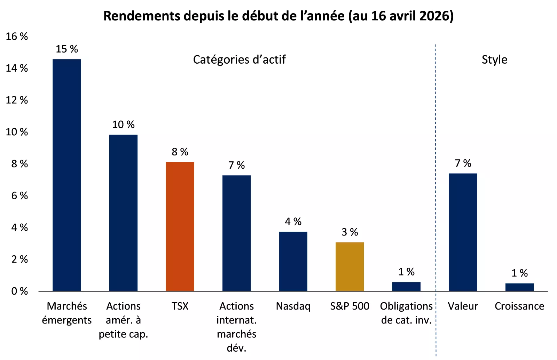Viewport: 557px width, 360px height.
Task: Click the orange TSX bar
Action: (180, 226)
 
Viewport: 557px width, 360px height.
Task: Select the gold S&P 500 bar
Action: (350, 266)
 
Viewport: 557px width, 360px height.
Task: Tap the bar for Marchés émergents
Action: (66, 175)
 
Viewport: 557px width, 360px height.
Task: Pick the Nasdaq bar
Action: (293, 261)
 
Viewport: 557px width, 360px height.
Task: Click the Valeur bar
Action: (463, 232)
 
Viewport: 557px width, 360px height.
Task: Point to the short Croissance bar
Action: (519, 287)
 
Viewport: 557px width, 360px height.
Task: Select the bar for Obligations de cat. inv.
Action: (406, 287)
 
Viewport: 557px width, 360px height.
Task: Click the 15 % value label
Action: (66, 49)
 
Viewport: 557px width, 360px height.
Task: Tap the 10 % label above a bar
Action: (123, 125)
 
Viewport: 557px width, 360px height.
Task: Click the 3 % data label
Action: (350, 232)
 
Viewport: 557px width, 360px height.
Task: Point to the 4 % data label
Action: (293, 222)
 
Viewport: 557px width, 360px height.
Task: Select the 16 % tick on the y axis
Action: (17, 37)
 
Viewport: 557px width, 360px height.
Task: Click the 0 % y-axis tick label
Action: (19, 291)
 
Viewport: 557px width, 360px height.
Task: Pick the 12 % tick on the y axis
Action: (17, 100)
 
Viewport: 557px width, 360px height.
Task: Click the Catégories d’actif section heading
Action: (239, 59)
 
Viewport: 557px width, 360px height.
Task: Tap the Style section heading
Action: (494, 59)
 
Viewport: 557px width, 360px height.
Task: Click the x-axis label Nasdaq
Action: (293, 306)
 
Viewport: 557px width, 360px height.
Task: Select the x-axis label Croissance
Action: (519, 306)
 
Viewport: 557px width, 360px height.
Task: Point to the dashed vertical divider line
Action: (435, 174)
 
